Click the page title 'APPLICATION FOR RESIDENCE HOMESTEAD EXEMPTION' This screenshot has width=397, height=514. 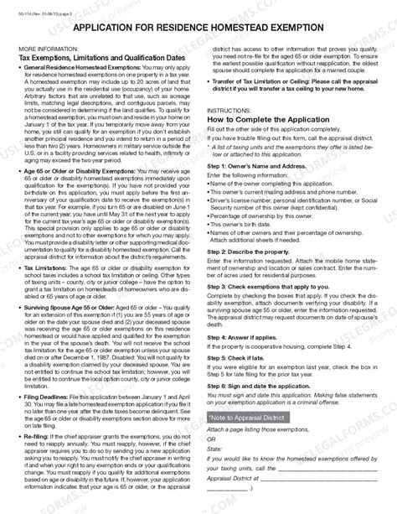pos(198,29)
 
